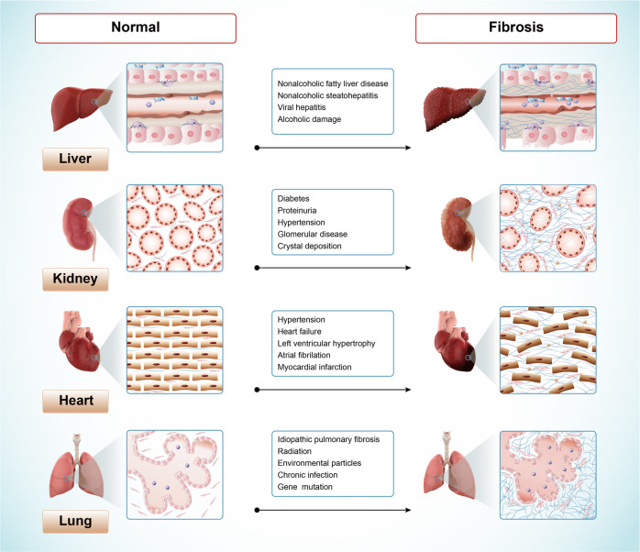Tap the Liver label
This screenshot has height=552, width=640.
80,160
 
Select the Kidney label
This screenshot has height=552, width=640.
80,280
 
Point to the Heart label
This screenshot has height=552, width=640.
80,401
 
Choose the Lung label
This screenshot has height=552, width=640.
80,522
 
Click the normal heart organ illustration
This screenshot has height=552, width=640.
77,348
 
